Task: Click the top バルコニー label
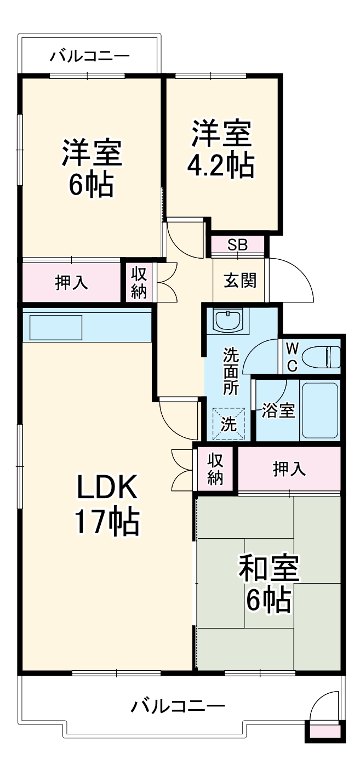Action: point(90,56)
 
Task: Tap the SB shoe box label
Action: point(238,245)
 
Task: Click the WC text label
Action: point(292,357)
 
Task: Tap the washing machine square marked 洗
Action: point(229,424)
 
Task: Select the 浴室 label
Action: point(278,411)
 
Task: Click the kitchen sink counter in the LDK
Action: point(55,327)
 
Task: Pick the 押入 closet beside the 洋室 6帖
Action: point(71,282)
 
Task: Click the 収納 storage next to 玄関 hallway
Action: point(139,283)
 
